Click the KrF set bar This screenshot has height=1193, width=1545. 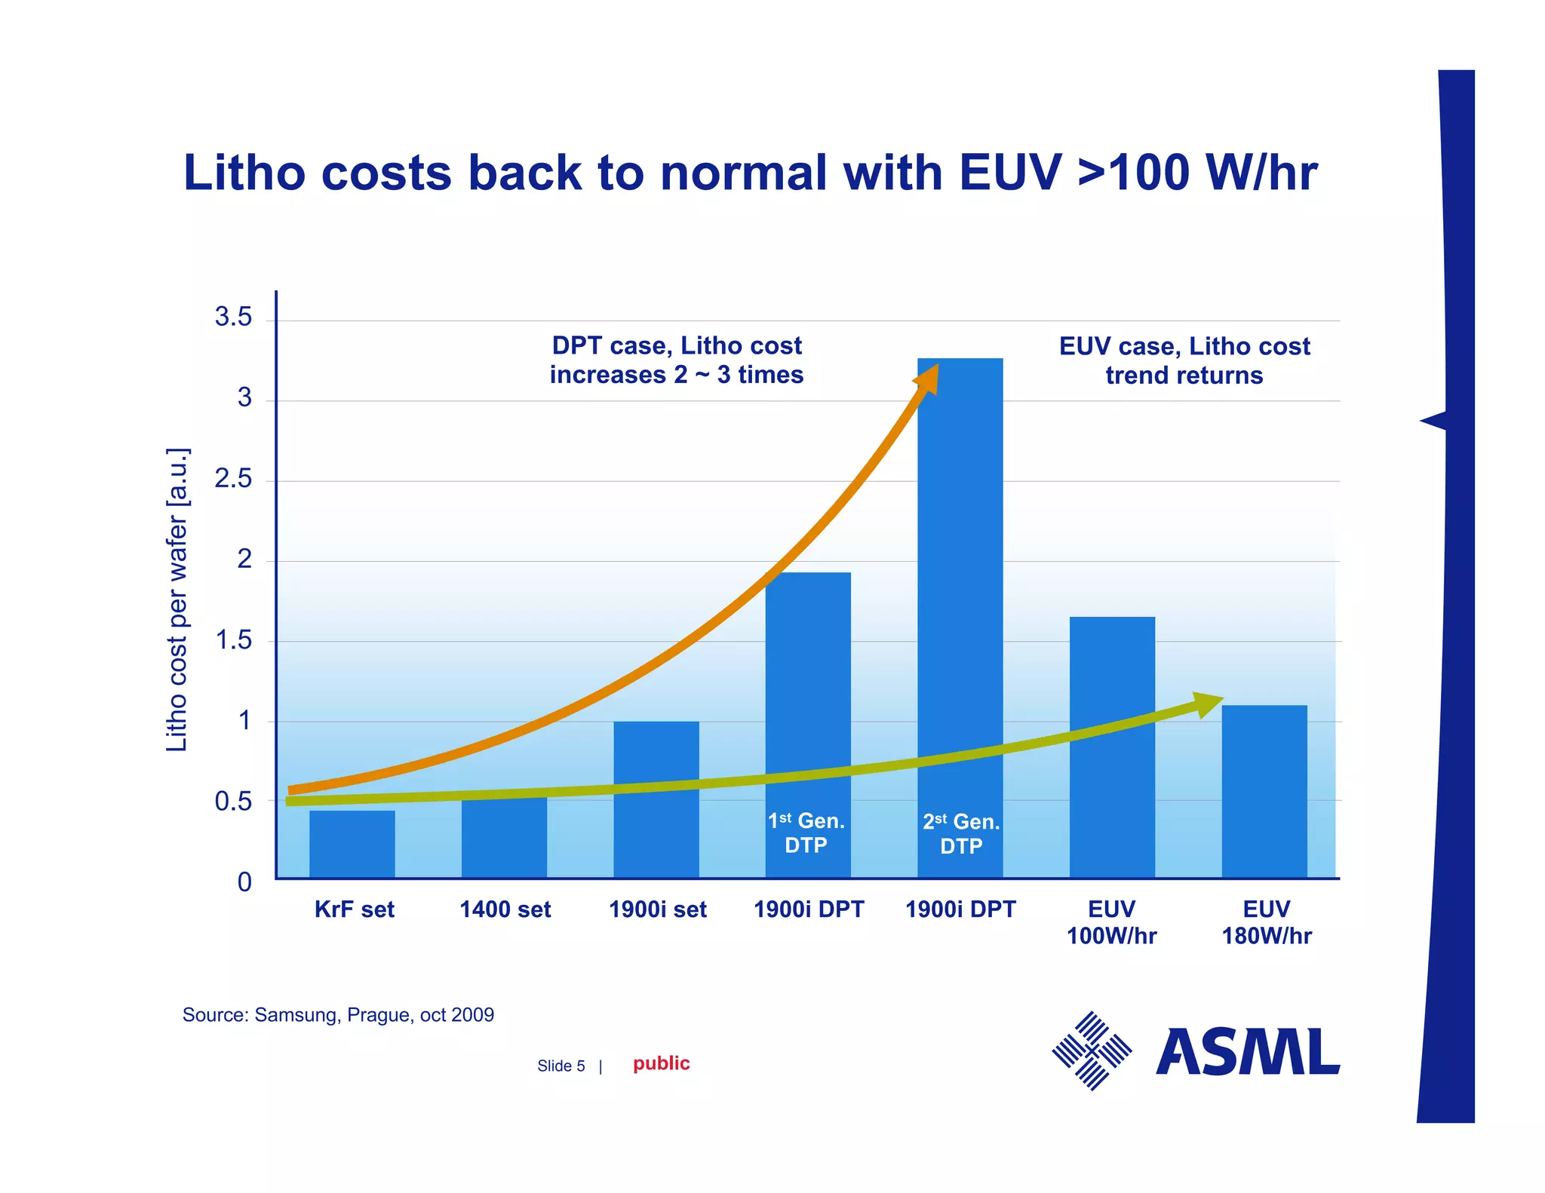(x=352, y=845)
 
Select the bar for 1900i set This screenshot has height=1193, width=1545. (x=656, y=799)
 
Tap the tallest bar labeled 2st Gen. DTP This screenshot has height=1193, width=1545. (x=960, y=603)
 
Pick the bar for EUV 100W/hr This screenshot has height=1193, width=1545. (x=1112, y=747)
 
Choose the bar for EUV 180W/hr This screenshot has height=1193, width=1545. (x=1264, y=792)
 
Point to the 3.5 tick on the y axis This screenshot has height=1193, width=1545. (x=233, y=317)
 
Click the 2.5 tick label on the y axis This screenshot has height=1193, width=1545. (x=233, y=479)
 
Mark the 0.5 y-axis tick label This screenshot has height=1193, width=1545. (x=233, y=802)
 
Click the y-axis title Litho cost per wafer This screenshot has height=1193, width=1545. (x=177, y=600)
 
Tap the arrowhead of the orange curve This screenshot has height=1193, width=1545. (x=929, y=378)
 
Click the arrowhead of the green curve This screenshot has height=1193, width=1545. (x=1208, y=704)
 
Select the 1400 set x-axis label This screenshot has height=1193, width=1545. (x=505, y=909)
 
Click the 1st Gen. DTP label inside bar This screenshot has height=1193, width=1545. (x=806, y=833)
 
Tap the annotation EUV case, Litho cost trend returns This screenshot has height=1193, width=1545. (x=1184, y=360)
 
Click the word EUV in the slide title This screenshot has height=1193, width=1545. (x=1011, y=173)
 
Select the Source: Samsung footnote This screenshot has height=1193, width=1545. (x=338, y=1015)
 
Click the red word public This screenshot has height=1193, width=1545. (x=661, y=1063)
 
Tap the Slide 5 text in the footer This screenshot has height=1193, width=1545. (x=561, y=1066)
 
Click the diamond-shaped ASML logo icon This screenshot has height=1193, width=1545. (x=1092, y=1050)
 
